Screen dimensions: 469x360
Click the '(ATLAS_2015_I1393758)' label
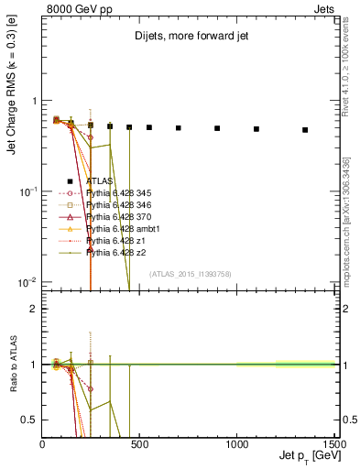(x=189, y=273)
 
